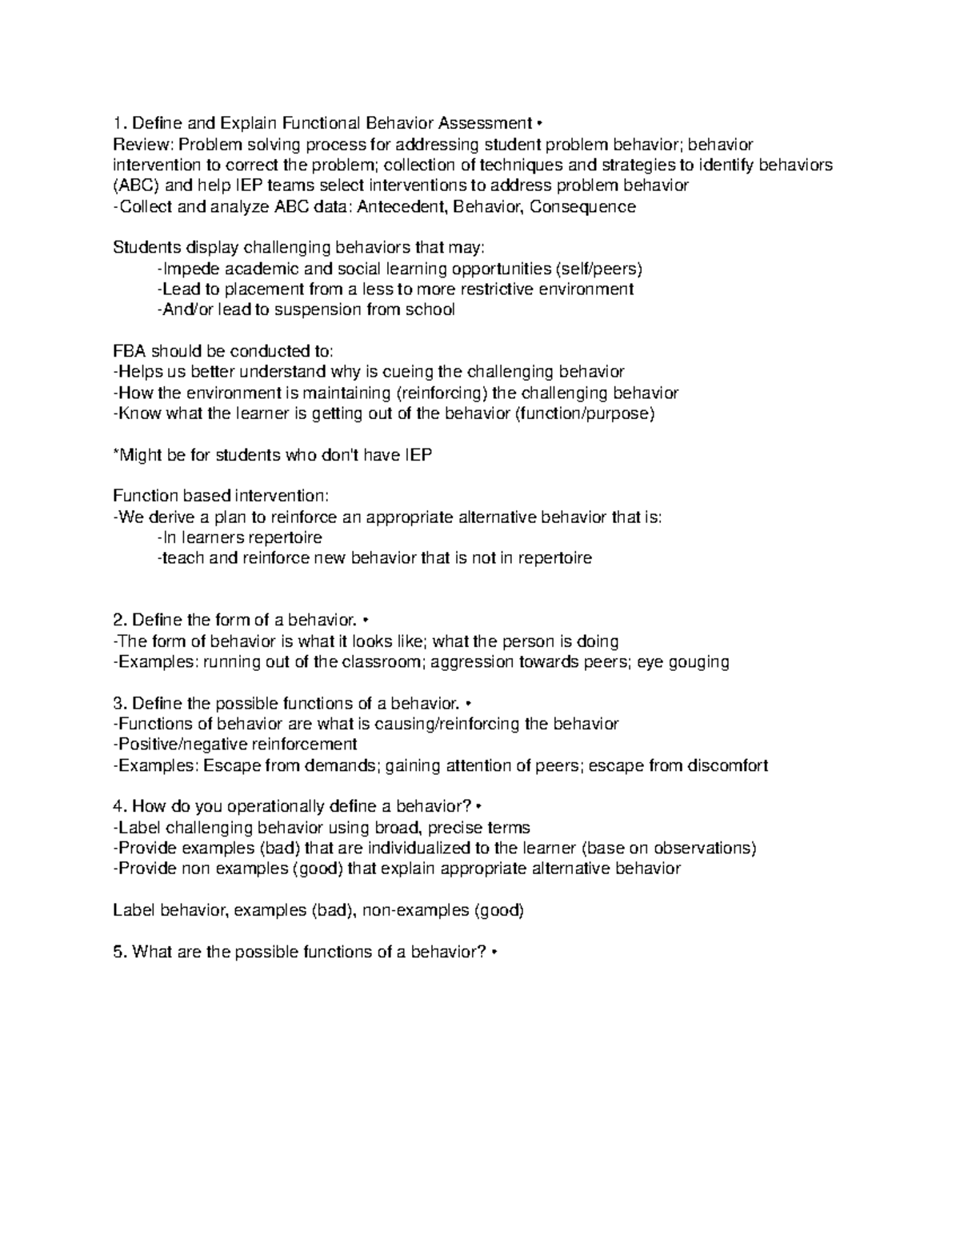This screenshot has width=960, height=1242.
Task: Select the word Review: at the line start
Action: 143,144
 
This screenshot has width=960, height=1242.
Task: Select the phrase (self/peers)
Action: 603,268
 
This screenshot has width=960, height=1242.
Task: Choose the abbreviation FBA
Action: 130,351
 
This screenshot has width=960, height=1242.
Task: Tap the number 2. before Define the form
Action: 120,620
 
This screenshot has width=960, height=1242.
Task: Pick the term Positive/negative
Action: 181,745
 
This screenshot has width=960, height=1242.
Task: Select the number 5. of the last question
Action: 120,952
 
